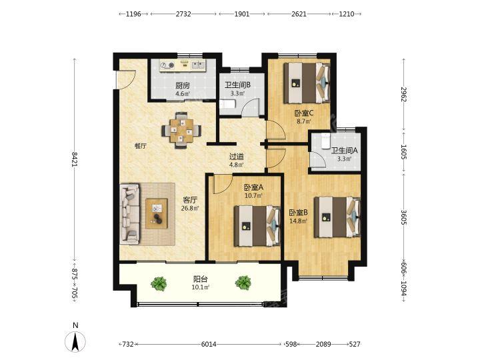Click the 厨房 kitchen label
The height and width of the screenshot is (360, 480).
tap(183, 85)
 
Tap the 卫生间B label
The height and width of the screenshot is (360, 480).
tap(237, 85)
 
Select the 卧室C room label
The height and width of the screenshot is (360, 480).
tap(304, 113)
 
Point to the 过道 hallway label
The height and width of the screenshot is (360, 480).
tap(237, 157)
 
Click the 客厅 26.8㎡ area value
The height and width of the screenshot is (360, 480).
tap(190, 209)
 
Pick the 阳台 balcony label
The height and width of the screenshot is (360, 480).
tap(201, 279)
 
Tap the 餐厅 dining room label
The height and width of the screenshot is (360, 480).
tap(141, 146)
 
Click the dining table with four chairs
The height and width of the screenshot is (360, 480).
tap(181, 131)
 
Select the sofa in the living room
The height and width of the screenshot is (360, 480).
tap(129, 214)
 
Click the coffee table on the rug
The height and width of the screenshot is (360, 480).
tap(157, 213)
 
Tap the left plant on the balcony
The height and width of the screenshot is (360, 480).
tap(159, 283)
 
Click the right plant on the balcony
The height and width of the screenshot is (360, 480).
tap(243, 283)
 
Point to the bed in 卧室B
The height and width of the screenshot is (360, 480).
tap(337, 217)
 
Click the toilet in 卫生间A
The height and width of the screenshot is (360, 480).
tap(325, 141)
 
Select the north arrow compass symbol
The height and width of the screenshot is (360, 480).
tap(75, 341)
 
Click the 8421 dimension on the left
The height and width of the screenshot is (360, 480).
tap(75, 159)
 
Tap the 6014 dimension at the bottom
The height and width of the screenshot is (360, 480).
tap(209, 345)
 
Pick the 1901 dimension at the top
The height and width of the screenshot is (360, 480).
tap(242, 14)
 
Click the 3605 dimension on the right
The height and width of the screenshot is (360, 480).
tap(404, 217)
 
